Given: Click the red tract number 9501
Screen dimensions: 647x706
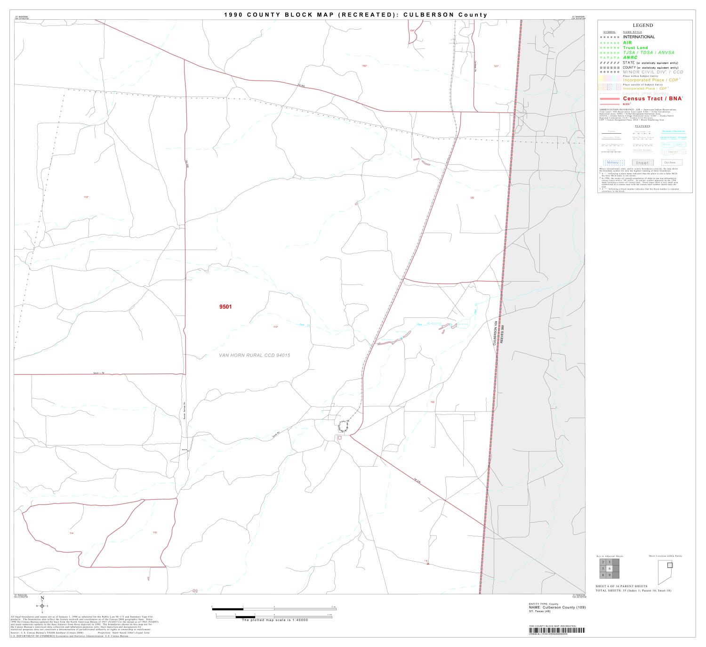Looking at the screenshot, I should point(225,307).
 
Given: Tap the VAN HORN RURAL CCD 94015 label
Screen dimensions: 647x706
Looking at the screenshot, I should point(255,355).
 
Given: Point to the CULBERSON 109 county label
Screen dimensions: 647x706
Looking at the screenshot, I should point(496,333).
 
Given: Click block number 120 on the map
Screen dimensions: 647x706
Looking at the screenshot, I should point(472,198).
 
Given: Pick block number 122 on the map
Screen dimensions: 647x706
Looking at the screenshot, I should point(433,402).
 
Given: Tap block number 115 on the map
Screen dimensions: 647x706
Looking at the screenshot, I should point(154,533).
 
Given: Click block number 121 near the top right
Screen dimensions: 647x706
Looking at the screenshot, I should point(496,66).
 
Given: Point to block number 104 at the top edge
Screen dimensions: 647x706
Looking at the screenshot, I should point(412,31).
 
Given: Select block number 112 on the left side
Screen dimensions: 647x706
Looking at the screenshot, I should point(86,197).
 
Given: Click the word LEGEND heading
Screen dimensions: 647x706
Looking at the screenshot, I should point(642,25).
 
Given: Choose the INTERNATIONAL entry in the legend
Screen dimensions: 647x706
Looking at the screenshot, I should point(639,37).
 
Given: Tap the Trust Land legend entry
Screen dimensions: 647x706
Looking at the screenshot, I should point(635,48).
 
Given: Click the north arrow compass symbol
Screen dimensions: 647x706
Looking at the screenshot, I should point(42,606).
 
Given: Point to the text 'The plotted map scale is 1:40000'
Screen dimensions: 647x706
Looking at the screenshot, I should point(274,620).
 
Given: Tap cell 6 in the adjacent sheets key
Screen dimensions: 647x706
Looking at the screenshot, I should point(610,568).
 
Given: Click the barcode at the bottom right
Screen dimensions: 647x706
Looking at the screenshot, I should point(556,631).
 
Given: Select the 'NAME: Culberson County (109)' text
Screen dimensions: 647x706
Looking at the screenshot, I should point(557,607).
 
